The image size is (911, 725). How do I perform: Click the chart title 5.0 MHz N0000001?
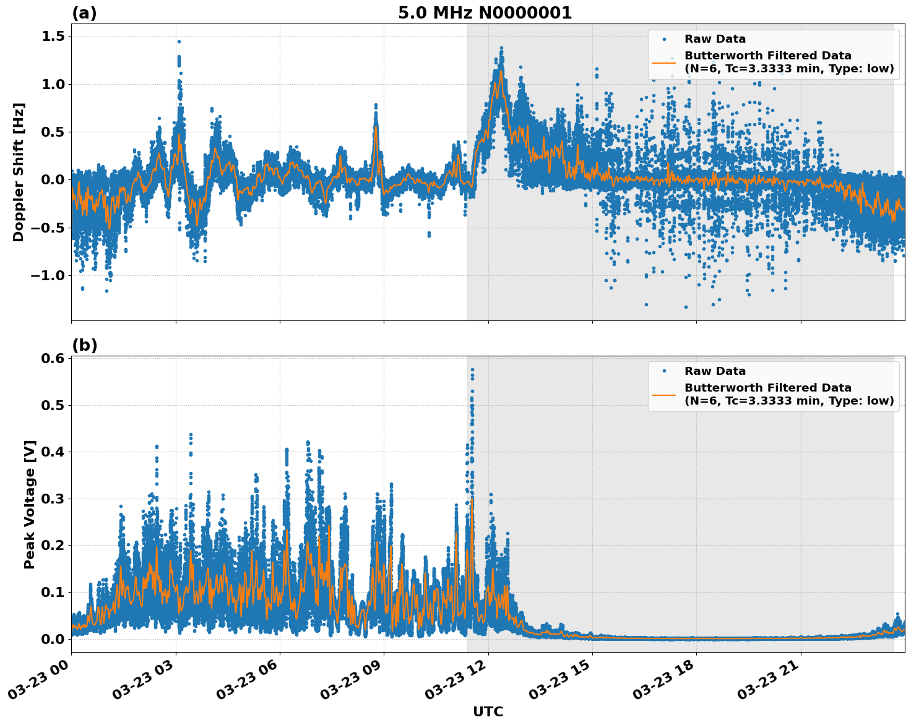coord(485,13)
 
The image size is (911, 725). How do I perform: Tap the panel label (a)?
coord(84,13)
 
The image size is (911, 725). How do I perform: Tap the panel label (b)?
coord(84,345)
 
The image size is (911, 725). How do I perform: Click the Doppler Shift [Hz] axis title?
coord(19,172)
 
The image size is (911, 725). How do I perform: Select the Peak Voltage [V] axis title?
coord(30,504)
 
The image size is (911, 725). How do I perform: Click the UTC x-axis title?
coord(488,711)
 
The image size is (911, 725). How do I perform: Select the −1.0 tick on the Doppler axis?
coord(48,275)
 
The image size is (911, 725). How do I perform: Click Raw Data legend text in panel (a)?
coord(715,39)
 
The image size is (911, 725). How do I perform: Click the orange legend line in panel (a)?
coord(663,62)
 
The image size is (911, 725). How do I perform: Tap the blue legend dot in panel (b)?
coord(663,371)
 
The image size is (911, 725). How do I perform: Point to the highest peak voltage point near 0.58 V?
coord(472,370)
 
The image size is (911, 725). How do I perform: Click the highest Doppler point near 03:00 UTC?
coord(179,42)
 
